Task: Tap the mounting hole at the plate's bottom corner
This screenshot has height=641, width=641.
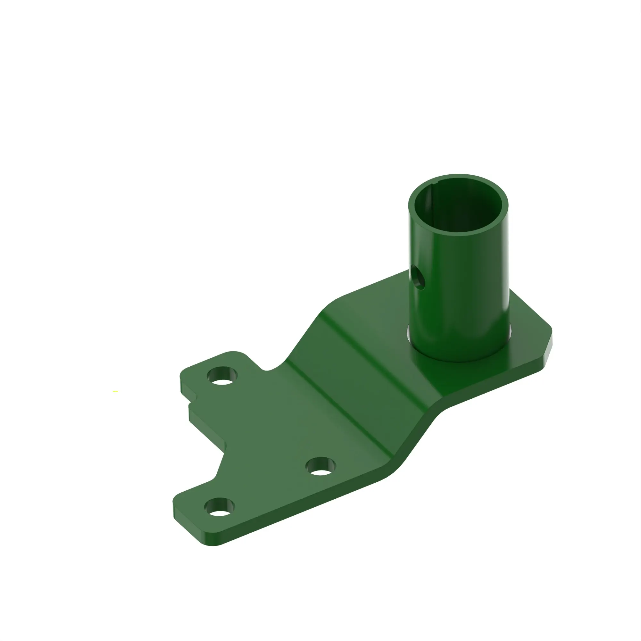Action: [219, 507]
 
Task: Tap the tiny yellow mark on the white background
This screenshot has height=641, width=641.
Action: [115, 392]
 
